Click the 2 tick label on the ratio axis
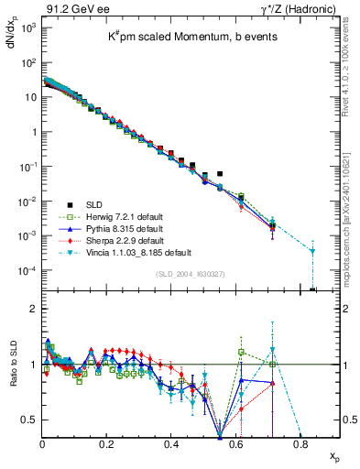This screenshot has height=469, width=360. tap(33, 309)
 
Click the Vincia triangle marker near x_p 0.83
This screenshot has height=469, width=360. tap(312, 251)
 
